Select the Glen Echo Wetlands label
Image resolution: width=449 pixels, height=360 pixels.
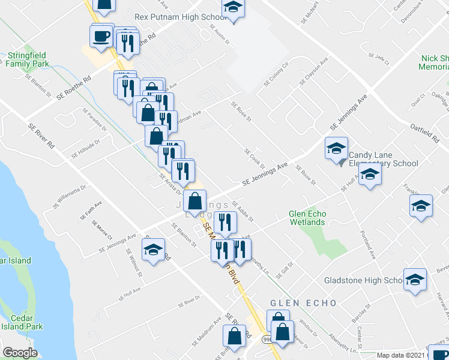click(x=307, y=218)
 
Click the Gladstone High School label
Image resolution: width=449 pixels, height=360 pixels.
click(x=362, y=280)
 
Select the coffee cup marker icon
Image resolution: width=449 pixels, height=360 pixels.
click(x=101, y=36)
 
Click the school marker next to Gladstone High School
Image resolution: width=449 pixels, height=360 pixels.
click(x=415, y=280)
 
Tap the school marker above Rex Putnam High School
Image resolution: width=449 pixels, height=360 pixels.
click(x=232, y=8)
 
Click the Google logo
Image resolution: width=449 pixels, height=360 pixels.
click(x=20, y=353)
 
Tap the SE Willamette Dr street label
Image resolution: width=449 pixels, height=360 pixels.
click(x=70, y=196)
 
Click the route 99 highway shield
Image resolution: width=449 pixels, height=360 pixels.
click(x=266, y=340)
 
